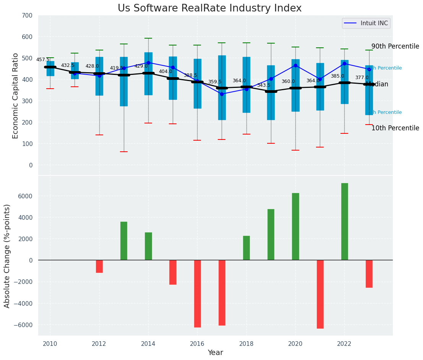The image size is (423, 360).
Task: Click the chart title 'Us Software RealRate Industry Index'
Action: (x=209, y=8)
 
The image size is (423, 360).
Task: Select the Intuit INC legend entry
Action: (x=366, y=23)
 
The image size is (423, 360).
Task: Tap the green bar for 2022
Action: (x=344, y=222)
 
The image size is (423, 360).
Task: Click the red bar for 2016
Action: (x=197, y=294)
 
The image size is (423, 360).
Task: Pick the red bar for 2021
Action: (x=320, y=294)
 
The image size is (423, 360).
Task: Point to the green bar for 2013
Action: (x=124, y=241)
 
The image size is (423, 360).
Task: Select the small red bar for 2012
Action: (x=99, y=266)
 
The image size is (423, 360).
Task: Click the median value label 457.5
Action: (x=43, y=60)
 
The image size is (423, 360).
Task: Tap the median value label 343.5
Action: (x=264, y=85)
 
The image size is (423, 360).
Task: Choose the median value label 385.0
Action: (x=337, y=76)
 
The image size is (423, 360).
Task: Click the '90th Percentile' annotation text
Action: (x=395, y=46)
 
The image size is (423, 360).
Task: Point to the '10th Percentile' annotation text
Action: (x=395, y=128)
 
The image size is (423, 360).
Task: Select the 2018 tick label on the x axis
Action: (x=246, y=344)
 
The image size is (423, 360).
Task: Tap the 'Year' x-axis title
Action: (x=216, y=353)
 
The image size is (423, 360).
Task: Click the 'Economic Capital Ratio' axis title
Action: (x=16, y=96)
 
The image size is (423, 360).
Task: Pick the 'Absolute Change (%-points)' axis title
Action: (x=7, y=256)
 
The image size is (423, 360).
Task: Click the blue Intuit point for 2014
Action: (x=148, y=63)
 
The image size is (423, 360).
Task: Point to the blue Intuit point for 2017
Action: (x=222, y=94)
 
